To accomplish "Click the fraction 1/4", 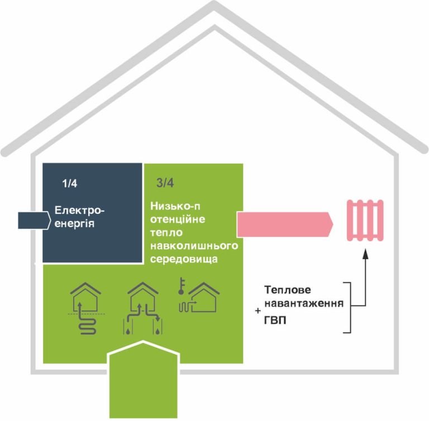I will tap(70, 184).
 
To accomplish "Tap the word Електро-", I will tap(79, 211).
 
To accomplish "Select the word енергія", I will tap(75, 224).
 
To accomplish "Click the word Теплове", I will tap(287, 291).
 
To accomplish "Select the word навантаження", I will tap(303, 304).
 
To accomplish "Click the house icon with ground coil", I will tap(84, 307).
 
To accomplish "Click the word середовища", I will tap(184, 260).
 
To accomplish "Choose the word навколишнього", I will tap(194, 246).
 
